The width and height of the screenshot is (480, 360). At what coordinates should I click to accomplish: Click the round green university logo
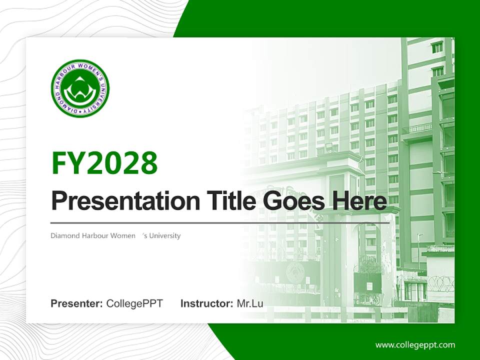coord(80,88)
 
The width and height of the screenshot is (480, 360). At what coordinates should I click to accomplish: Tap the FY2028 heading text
coord(104,162)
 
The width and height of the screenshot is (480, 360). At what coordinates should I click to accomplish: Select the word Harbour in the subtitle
coord(95,235)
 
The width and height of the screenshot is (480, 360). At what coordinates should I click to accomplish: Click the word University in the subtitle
coord(164,235)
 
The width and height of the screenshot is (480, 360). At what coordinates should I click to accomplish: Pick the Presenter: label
coord(77,303)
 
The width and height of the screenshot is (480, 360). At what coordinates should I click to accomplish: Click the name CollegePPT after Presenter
coord(134,303)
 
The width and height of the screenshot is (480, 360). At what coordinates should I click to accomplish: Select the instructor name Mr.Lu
coord(250,303)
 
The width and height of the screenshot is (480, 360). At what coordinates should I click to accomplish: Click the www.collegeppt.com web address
coord(415,344)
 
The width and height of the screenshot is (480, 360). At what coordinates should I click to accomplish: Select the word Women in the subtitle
coord(124,235)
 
